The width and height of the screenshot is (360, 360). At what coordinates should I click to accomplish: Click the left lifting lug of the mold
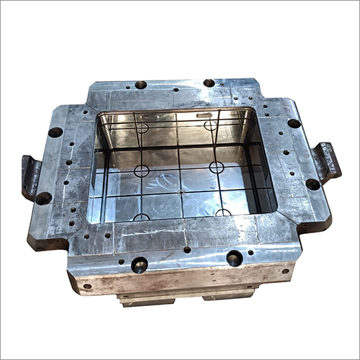[31, 175]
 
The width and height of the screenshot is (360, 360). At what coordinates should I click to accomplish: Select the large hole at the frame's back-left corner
[55, 132]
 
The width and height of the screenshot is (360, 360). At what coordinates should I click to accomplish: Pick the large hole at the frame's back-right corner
[294, 123]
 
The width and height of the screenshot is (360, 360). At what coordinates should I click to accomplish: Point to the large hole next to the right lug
[312, 184]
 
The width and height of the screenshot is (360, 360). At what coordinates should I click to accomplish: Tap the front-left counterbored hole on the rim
[139, 264]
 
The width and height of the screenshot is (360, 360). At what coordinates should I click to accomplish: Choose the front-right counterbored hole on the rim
[234, 258]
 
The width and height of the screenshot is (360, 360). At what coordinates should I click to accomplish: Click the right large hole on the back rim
[209, 83]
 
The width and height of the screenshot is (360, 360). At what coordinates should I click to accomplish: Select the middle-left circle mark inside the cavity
[142, 171]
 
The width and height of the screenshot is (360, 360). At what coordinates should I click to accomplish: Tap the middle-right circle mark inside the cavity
[216, 167]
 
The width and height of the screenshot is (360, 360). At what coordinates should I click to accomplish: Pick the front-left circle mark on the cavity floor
[142, 217]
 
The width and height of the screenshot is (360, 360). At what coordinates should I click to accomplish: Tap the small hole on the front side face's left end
[87, 286]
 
